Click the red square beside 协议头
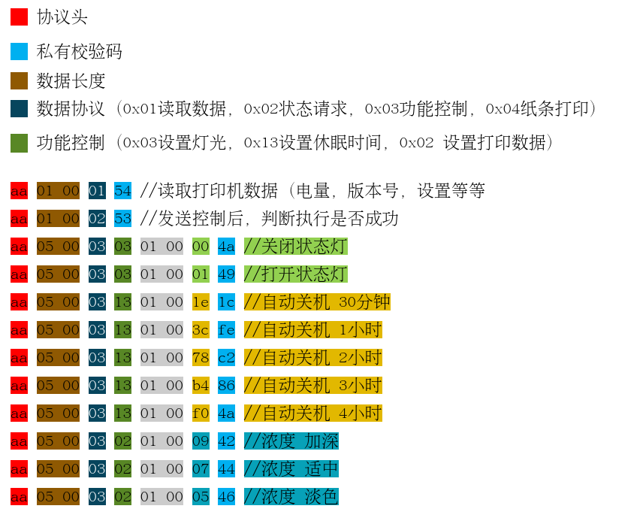(19, 17)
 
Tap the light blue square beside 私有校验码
(19, 51)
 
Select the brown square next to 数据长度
(19, 80)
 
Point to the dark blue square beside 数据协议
(19, 108)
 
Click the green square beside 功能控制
(19, 143)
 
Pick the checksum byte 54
(122, 191)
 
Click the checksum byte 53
(122, 219)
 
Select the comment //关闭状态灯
(295, 247)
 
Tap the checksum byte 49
(226, 274)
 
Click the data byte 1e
(201, 302)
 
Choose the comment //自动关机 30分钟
(316, 302)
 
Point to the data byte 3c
(201, 330)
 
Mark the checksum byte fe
(226, 330)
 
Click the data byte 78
(201, 358)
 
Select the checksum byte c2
(226, 358)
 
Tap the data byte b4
(201, 386)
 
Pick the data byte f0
(201, 413)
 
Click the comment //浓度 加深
(291, 441)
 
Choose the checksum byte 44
(226, 469)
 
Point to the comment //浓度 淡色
(291, 497)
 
